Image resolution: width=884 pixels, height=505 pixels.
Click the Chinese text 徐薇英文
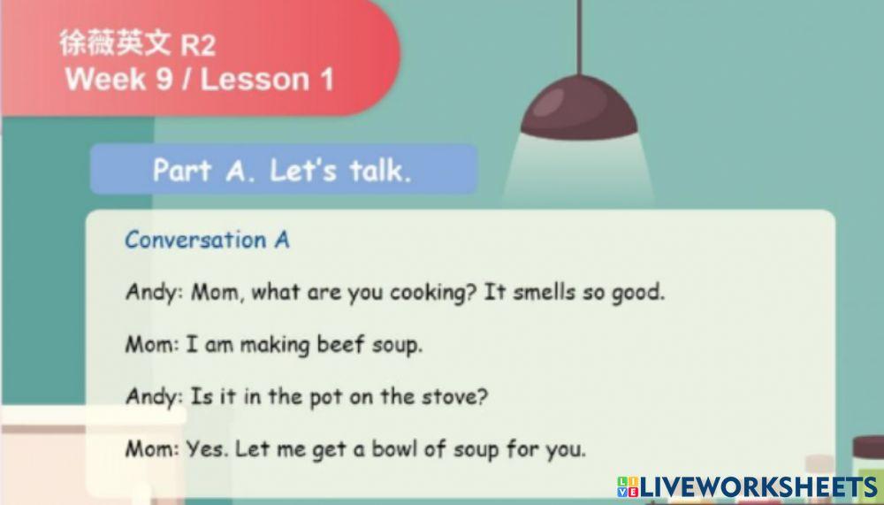[116, 43]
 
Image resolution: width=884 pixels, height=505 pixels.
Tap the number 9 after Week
[164, 80]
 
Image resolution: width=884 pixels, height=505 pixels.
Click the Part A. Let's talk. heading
[282, 170]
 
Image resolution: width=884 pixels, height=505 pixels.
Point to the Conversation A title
[207, 240]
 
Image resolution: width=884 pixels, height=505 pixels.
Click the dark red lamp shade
[580, 105]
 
